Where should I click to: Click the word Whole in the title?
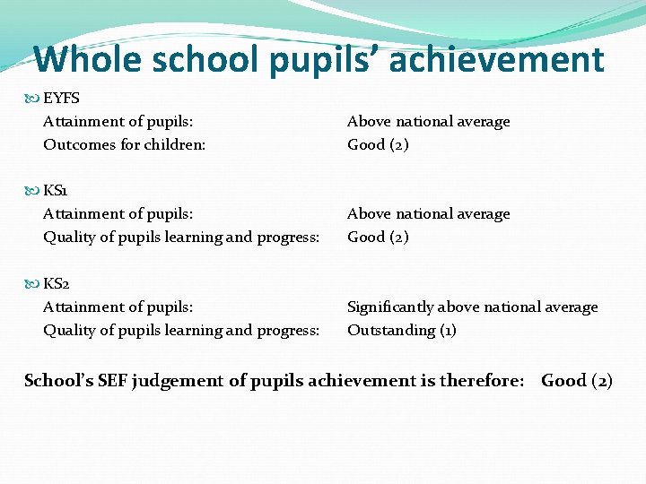[87, 60]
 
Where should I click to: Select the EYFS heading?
[61, 99]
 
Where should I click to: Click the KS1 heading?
[56, 191]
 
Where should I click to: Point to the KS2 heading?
[57, 284]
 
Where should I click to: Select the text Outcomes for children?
[125, 144]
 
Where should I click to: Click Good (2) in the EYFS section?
[378, 144]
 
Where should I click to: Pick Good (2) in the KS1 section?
[378, 237]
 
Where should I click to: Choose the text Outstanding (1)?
[402, 330]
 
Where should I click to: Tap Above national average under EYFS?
[428, 121]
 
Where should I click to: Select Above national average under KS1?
[428, 213]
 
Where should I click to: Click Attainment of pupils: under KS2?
[118, 307]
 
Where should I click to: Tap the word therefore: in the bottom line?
[481, 381]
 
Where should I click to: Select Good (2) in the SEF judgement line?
[577, 381]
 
